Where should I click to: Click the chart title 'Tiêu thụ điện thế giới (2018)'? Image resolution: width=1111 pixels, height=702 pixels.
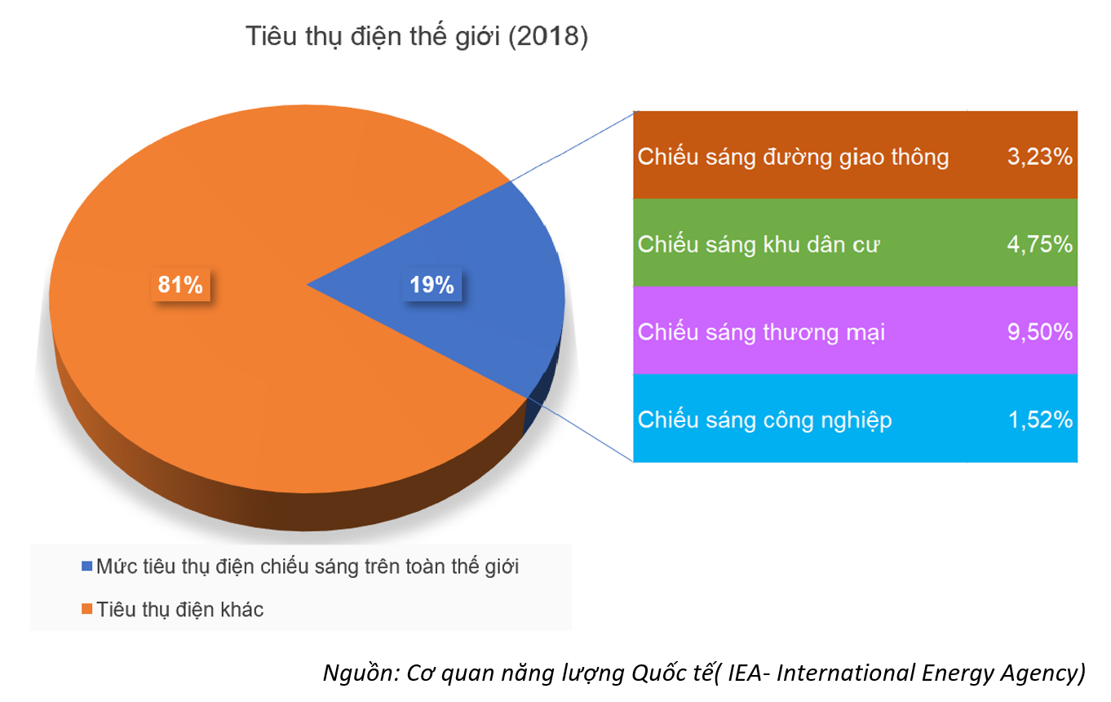pyautogui.click(x=417, y=37)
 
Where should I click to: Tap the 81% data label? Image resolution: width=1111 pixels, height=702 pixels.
pyautogui.click(x=180, y=285)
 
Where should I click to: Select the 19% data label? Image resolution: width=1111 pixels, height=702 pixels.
pyautogui.click(x=432, y=285)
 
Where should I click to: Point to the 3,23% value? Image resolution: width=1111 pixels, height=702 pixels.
pyautogui.click(x=1039, y=157)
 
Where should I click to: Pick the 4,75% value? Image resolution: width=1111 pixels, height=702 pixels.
pyautogui.click(x=1039, y=244)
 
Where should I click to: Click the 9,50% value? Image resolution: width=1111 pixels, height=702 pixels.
pyautogui.click(x=1039, y=332)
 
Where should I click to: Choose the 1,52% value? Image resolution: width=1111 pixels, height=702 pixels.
pyautogui.click(x=1041, y=420)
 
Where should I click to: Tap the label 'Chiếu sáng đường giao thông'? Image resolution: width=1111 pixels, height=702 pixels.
pyautogui.click(x=793, y=158)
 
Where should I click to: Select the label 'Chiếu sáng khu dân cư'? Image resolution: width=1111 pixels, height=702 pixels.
pyautogui.click(x=759, y=244)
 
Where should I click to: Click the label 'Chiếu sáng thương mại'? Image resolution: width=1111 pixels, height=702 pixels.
pyautogui.click(x=761, y=332)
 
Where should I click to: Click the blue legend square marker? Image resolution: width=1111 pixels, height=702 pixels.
pyautogui.click(x=86, y=566)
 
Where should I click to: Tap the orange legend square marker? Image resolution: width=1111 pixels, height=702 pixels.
pyautogui.click(x=86, y=609)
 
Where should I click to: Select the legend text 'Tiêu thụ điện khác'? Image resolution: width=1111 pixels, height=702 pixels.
pyautogui.click(x=180, y=610)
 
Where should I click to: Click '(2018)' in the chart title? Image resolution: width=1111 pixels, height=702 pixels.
pyautogui.click(x=548, y=37)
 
